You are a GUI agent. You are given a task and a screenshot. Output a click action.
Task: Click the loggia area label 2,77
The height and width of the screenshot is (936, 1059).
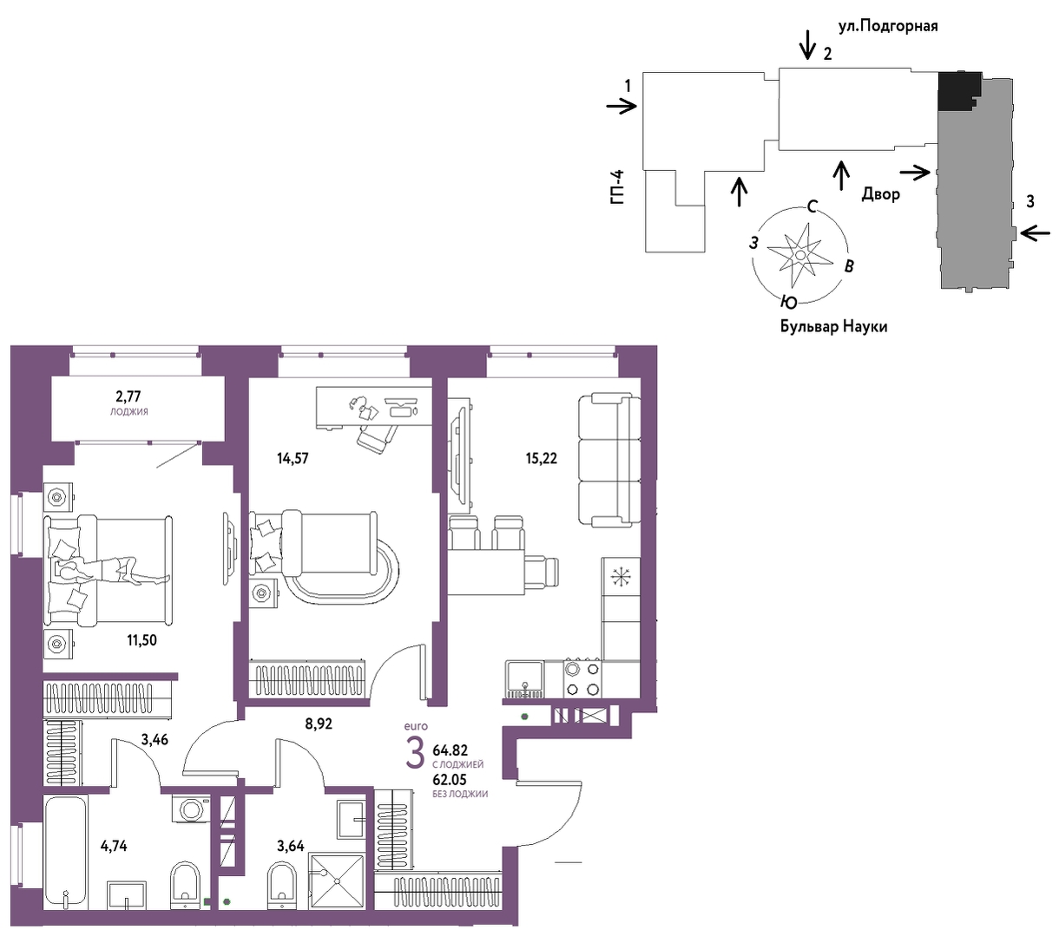click(x=128, y=396)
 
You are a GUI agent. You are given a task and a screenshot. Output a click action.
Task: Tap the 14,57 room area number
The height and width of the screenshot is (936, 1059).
click(x=293, y=459)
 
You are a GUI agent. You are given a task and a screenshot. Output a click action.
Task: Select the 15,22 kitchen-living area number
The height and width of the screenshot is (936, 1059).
click(x=541, y=459)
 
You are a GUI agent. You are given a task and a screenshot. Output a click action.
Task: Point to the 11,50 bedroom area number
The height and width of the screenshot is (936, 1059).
click(x=141, y=640)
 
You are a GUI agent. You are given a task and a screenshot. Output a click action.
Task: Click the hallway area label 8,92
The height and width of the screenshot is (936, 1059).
click(x=319, y=724)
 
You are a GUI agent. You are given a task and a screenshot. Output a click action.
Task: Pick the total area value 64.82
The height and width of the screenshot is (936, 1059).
click(x=450, y=750)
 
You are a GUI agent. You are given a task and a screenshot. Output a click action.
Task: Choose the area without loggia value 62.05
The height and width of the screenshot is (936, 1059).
click(x=450, y=780)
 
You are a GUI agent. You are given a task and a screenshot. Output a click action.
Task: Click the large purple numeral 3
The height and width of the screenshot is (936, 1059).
click(x=415, y=755)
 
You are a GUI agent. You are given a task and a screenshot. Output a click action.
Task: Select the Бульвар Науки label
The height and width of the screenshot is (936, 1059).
click(x=833, y=326)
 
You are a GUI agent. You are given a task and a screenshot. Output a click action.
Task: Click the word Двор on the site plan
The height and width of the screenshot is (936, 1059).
click(x=881, y=194)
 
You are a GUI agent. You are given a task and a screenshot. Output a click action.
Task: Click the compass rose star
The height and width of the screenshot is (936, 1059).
click(x=799, y=255)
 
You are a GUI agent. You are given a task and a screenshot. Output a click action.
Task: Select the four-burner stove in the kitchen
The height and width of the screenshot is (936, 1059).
click(x=582, y=679)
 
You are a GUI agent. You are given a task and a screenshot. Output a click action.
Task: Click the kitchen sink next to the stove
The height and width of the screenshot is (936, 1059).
click(x=525, y=679)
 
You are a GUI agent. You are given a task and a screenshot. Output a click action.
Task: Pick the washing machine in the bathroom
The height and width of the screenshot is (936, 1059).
click(x=190, y=809)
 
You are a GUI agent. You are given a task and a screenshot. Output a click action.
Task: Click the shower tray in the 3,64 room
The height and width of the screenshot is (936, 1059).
click(x=337, y=881)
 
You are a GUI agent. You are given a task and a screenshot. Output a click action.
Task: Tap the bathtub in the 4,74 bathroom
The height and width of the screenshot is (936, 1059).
click(x=66, y=853)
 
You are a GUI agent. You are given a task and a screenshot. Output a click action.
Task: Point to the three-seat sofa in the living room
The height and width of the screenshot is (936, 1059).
click(x=609, y=460)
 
